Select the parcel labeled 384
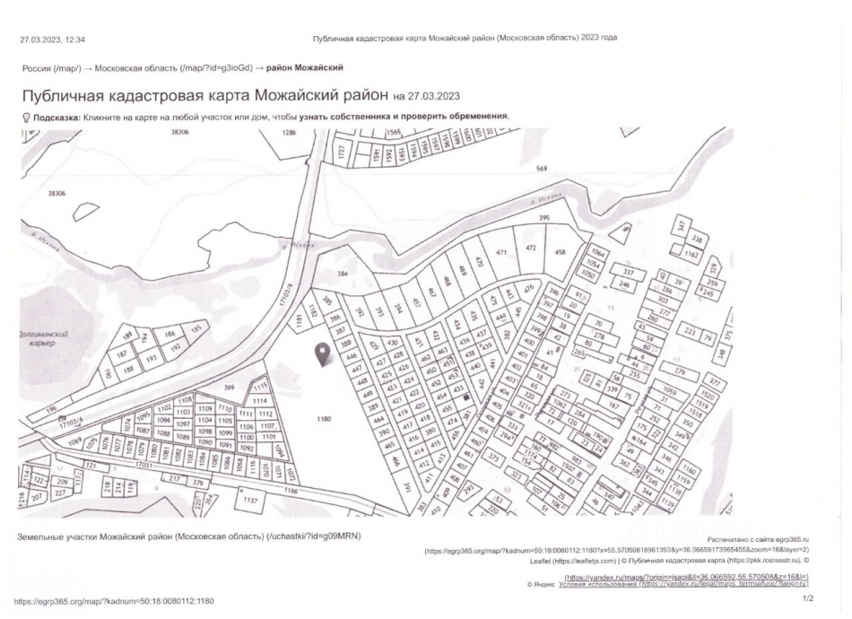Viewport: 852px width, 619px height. (341, 273)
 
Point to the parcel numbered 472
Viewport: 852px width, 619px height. (530, 248)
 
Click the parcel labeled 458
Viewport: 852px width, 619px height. (561, 252)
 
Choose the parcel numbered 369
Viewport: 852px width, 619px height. (229, 387)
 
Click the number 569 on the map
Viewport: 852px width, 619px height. (541, 169)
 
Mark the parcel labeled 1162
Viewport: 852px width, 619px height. (691, 255)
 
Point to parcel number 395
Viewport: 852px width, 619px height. (543, 218)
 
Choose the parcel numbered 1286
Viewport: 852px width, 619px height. (289, 132)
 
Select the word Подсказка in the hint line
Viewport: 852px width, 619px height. (57, 117)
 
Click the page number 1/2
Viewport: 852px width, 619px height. (807, 598)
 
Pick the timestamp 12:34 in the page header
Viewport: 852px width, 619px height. (75, 39)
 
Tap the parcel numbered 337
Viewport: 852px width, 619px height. (628, 271)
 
